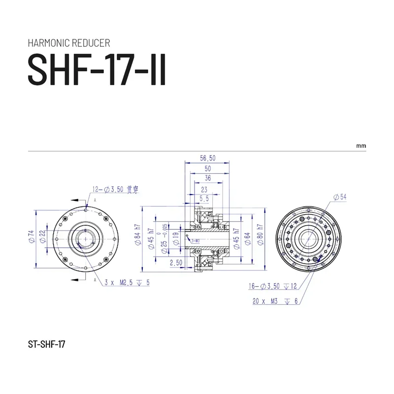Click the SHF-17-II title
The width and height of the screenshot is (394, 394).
pos(97,69)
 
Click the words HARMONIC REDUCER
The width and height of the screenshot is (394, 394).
pos(69,43)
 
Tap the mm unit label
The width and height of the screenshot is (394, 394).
pos(362,146)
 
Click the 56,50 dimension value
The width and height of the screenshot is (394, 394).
pos(207,159)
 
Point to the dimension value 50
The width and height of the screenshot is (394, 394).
pos(207,168)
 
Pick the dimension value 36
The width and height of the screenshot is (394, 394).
pos(207,178)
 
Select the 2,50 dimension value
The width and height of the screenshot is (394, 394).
pos(176,263)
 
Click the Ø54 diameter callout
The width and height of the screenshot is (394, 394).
pos(340,197)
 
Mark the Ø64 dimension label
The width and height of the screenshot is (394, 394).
pos(249,238)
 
